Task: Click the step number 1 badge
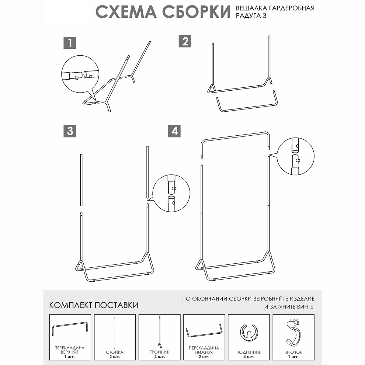[x=70, y=43]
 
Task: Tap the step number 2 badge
[x=185, y=41]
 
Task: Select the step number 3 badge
[x=70, y=131]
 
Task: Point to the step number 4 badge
[x=174, y=131]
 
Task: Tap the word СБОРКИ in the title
[x=196, y=12]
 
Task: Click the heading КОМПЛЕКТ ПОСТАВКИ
[x=94, y=305]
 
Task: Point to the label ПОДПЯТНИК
[x=249, y=352]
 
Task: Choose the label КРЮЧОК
[x=294, y=352]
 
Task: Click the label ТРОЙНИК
[x=159, y=352]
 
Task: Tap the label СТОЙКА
[x=115, y=352]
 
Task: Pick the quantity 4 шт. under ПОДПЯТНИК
[x=249, y=357]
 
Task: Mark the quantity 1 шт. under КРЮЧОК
[x=294, y=357]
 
